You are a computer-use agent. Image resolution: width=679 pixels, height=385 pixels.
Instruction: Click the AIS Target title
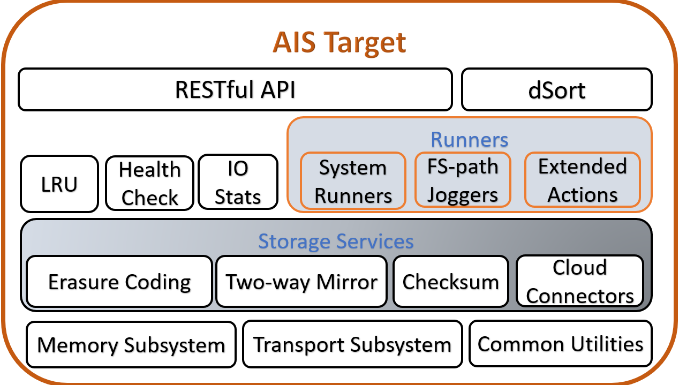click(x=339, y=42)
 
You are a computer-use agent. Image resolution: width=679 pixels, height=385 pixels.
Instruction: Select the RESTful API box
click(x=235, y=89)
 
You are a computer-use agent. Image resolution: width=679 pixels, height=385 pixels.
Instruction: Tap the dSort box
click(x=556, y=89)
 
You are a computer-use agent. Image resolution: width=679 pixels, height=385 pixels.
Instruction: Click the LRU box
click(x=59, y=184)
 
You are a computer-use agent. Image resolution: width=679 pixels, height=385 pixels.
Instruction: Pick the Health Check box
click(x=149, y=184)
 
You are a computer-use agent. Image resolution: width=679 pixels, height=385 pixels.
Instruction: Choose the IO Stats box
click(x=238, y=183)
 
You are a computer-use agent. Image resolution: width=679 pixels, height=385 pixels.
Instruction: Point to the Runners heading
click(x=469, y=140)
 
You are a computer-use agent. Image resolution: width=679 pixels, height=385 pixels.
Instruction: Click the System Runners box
click(x=353, y=181)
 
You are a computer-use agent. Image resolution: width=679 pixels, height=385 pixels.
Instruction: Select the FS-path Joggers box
click(x=463, y=180)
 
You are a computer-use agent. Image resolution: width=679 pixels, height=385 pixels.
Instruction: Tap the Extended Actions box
click(x=582, y=180)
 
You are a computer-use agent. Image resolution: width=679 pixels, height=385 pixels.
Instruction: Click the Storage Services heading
click(x=336, y=241)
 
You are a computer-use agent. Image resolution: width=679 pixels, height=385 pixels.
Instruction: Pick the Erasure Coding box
click(x=119, y=282)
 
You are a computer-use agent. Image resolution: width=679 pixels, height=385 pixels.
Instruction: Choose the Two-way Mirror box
click(x=301, y=282)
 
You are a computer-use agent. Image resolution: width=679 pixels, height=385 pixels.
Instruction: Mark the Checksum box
click(x=450, y=282)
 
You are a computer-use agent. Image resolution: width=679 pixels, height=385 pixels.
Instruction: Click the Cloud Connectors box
click(x=580, y=282)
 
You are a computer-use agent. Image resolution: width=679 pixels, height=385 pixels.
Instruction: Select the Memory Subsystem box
click(x=131, y=344)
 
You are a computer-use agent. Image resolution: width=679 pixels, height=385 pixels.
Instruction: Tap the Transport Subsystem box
click(x=352, y=344)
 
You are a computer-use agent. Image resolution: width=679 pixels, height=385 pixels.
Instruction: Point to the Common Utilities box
click(x=560, y=343)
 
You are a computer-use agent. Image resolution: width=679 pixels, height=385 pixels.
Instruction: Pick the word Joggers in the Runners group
click(x=463, y=195)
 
